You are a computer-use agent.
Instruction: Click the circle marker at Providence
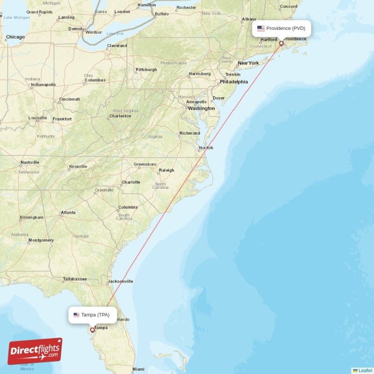281,43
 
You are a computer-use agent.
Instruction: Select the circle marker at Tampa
92,330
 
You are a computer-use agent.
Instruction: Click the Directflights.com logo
35,351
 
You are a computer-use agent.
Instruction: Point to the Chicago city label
15,37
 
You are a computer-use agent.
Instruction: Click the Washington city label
202,108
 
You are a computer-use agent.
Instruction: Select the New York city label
248,63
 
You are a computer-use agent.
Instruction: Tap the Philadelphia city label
234,81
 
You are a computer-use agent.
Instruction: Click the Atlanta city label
68,213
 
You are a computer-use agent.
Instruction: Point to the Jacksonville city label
121,281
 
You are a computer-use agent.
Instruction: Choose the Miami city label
138,369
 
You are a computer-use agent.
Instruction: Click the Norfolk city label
206,148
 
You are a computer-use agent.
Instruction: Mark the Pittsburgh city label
146,70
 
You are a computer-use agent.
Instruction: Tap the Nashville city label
30,163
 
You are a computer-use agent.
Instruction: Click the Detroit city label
75,29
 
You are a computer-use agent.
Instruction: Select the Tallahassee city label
75,279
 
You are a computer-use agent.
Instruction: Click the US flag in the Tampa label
76,315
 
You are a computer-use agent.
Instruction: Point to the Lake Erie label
115,34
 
